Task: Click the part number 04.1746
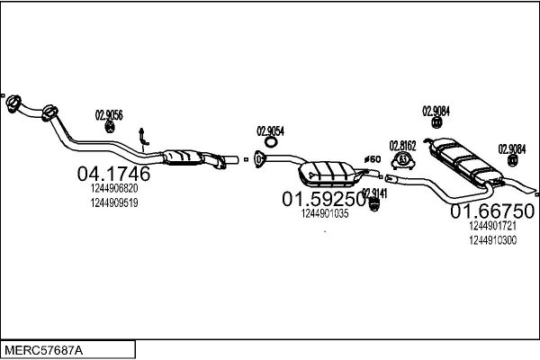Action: [114, 174]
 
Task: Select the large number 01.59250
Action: [324, 198]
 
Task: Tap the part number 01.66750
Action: [492, 211]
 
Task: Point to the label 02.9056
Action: [109, 114]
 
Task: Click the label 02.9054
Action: [270, 130]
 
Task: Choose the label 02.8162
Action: [402, 145]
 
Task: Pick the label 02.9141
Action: [374, 193]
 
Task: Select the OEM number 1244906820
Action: [114, 189]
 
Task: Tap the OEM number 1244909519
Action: [114, 202]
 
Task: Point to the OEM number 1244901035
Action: [324, 214]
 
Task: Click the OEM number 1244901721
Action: [492, 228]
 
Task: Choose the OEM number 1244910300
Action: [492, 240]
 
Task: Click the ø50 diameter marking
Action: [371, 160]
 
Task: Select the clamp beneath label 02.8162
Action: [403, 162]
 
